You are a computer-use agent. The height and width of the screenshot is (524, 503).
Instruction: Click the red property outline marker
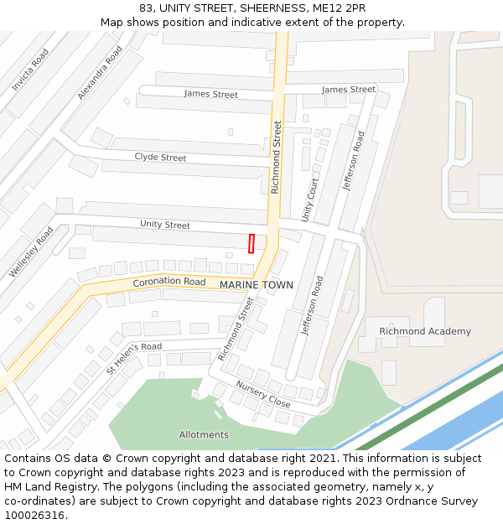(251, 243)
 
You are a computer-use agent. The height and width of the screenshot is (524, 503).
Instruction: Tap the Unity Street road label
(165, 225)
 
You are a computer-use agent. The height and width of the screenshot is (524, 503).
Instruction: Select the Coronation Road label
(169, 283)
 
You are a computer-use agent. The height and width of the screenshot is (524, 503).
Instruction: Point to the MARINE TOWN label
(257, 285)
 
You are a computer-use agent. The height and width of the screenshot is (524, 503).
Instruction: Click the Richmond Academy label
(425, 331)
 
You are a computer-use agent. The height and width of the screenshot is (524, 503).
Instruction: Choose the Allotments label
(204, 434)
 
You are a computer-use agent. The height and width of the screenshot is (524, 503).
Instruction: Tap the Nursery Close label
(262, 395)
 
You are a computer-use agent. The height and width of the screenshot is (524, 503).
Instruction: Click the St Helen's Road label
(134, 357)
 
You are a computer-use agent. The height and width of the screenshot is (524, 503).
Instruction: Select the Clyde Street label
(160, 158)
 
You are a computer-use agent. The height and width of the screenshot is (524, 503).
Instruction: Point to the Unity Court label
(310, 200)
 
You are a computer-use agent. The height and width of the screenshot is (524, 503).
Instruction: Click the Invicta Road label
(30, 70)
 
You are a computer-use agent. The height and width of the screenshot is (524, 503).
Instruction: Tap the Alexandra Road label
(100, 73)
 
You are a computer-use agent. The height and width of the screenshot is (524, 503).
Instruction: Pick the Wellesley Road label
(31, 252)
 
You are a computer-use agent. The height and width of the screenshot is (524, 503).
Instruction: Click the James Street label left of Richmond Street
(210, 94)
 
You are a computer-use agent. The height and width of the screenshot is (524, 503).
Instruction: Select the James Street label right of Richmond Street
(349, 90)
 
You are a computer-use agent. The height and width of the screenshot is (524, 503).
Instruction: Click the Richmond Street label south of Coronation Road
(236, 329)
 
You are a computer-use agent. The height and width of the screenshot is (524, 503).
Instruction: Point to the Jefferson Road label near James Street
(354, 161)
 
